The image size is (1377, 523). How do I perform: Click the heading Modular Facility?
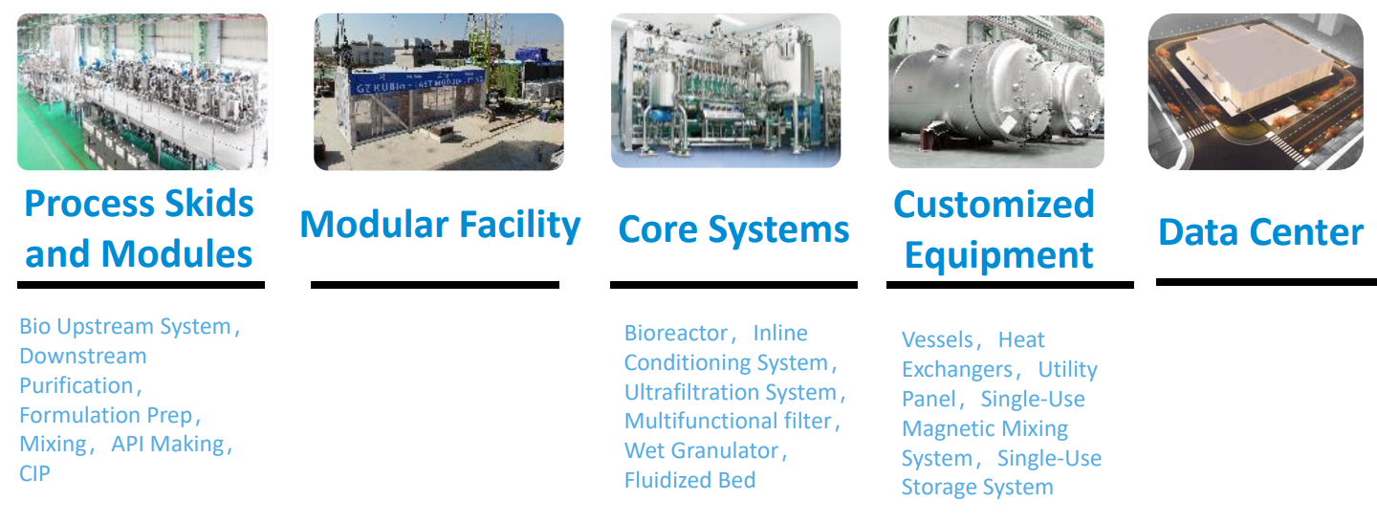(440, 225)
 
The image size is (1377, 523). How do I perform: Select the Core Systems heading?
(733, 229)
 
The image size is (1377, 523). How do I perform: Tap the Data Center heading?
(1260, 231)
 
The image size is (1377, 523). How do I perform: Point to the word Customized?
(994, 204)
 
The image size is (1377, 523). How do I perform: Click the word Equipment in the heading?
(999, 255)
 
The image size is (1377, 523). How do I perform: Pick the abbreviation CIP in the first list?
(34, 474)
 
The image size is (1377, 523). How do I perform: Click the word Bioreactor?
(675, 333)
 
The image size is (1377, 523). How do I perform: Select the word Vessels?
(937, 339)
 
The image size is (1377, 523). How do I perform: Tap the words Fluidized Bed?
(689, 480)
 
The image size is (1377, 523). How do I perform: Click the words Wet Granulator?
(702, 450)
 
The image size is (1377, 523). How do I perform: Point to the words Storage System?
(977, 488)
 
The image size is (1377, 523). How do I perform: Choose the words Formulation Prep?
(106, 416)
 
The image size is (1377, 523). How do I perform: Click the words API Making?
(168, 444)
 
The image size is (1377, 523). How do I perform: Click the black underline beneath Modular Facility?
(435, 285)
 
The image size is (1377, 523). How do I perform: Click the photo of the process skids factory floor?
(142, 92)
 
